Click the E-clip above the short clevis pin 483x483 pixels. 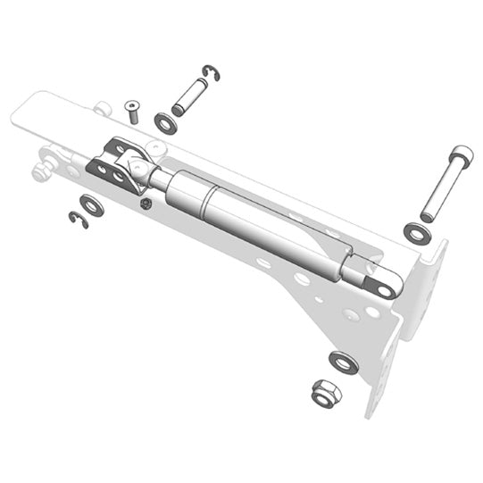[x=211, y=72]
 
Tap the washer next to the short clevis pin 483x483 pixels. [x=165, y=122]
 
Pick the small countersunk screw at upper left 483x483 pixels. [x=133, y=111]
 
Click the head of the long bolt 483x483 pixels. [x=460, y=154]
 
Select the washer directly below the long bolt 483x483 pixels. [x=416, y=232]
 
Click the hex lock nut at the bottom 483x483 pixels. [x=324, y=393]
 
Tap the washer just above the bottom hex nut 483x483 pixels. [x=343, y=362]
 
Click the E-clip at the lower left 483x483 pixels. [x=79, y=220]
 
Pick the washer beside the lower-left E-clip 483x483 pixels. [x=92, y=205]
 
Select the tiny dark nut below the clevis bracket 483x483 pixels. [x=146, y=204]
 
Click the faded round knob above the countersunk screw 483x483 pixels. [x=104, y=109]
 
